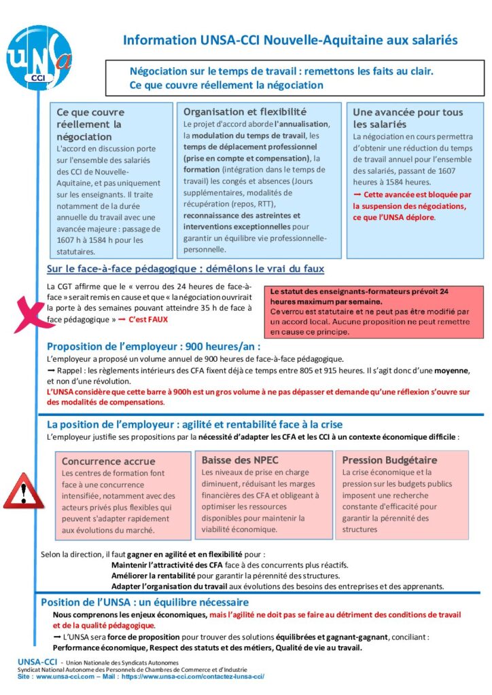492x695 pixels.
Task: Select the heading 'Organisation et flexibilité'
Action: (x=245, y=111)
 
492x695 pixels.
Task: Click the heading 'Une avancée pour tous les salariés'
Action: (x=408, y=118)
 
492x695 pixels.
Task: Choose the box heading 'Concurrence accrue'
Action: (x=108, y=461)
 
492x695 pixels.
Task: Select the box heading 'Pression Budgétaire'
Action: (x=389, y=460)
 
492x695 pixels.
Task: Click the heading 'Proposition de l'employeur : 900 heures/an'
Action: (x=154, y=345)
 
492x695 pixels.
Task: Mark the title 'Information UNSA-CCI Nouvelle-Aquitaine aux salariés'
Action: (x=290, y=40)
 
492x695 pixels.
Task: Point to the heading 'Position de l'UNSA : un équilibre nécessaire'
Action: (x=145, y=602)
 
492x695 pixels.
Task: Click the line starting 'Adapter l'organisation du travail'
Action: (x=277, y=586)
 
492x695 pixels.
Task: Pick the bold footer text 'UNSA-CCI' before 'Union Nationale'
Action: (x=38, y=662)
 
